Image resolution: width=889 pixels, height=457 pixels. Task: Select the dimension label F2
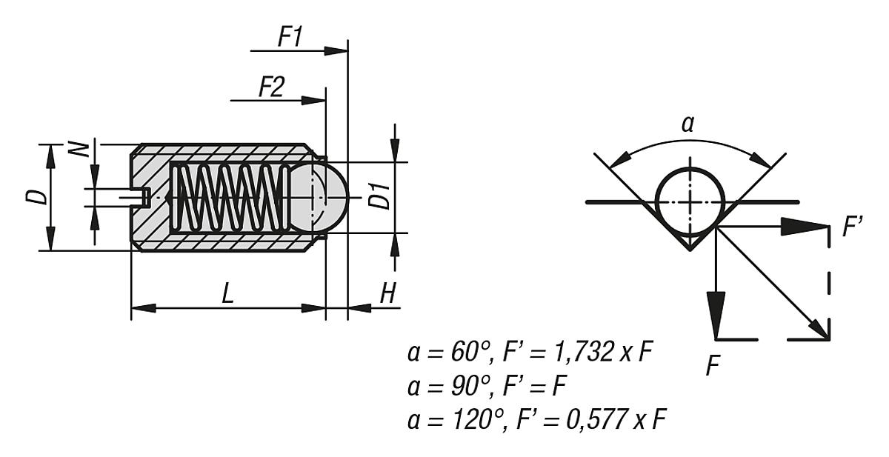270,88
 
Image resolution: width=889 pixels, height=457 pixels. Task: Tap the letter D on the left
38,196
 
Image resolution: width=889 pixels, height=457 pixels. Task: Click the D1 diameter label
380,198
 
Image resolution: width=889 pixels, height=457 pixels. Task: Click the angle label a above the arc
688,124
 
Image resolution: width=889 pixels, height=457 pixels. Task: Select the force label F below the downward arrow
713,366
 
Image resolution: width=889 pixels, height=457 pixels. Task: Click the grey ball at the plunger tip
319,198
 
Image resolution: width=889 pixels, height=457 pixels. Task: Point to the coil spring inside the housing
230,198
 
